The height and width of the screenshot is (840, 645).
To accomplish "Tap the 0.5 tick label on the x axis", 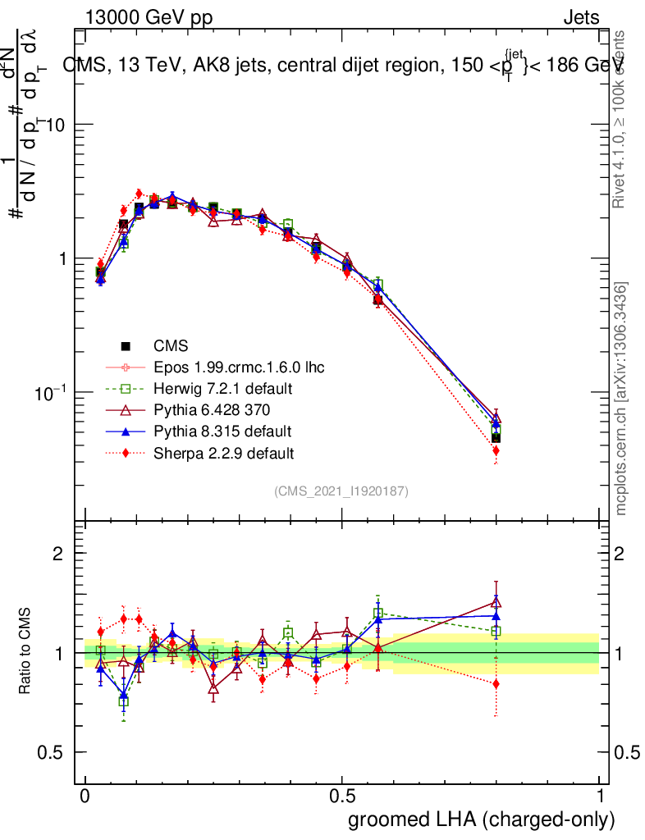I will [342, 797].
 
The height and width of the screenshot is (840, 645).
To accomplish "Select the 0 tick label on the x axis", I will [85, 797].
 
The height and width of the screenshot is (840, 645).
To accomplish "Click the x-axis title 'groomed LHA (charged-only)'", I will [482, 819].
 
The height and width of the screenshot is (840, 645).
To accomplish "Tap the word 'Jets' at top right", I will [581, 17].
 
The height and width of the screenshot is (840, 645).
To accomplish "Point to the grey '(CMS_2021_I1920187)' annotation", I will [341, 491].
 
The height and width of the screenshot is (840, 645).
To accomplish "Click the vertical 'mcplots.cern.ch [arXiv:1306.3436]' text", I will [621, 399].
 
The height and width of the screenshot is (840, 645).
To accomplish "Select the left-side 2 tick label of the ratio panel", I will [58, 554].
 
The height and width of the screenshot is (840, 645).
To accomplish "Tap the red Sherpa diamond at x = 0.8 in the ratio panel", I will [496, 683].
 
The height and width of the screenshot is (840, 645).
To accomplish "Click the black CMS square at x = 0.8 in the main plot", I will [496, 437].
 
